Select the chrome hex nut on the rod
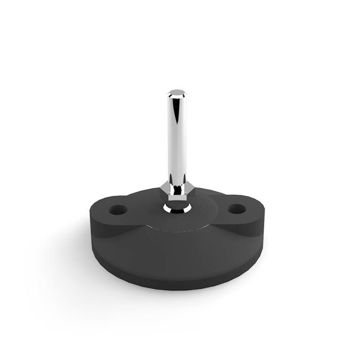(x=176, y=190)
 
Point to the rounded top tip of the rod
(x=176, y=90)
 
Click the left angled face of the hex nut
(x=165, y=190)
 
